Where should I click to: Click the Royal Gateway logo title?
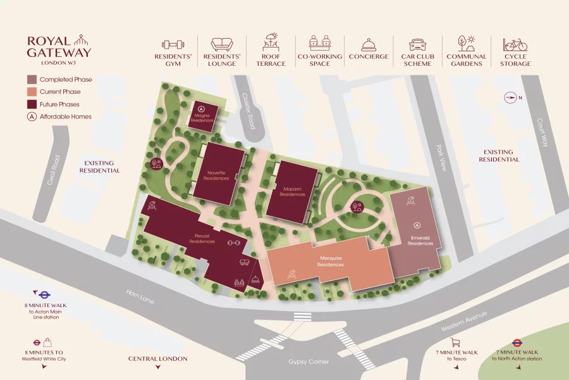(x=59, y=47)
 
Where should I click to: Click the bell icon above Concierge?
(x=369, y=44)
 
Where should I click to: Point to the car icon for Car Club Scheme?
(x=417, y=44)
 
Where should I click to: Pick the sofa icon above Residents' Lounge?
(x=221, y=44)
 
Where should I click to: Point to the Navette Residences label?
(x=216, y=175)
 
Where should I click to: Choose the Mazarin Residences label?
(x=292, y=192)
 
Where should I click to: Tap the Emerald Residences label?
(x=416, y=241)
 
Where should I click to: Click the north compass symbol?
(x=511, y=98)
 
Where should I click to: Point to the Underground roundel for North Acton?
(x=517, y=343)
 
